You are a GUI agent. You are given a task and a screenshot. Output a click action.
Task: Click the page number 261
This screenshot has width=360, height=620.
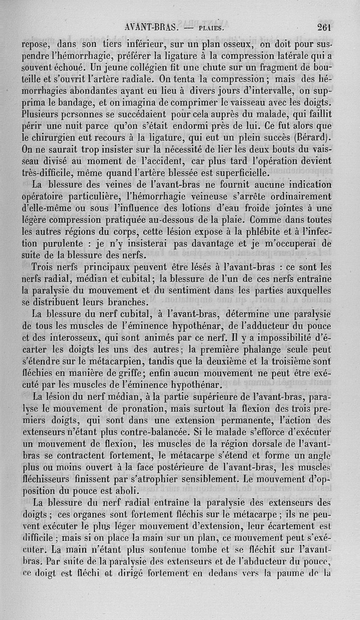(324, 27)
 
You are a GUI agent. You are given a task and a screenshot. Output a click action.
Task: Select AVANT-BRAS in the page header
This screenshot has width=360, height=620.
(152, 27)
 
